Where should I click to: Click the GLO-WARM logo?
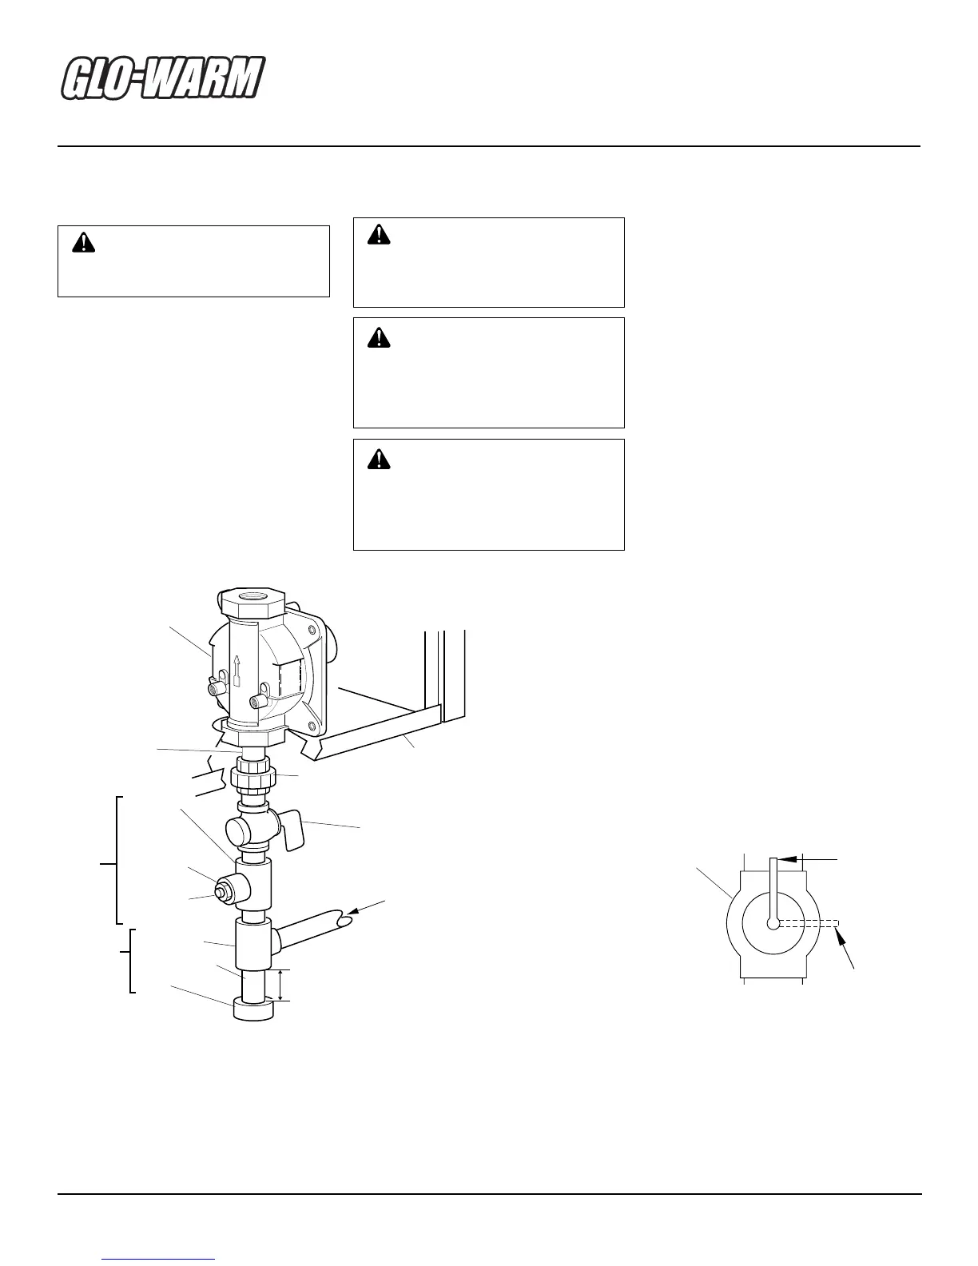click(163, 80)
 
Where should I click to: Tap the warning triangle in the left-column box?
click(83, 243)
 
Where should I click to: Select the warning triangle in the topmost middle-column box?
click(378, 233)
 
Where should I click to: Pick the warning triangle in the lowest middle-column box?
click(378, 458)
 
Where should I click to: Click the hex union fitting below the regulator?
click(253, 776)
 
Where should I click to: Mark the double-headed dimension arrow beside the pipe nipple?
click(280, 985)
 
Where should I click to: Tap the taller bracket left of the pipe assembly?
click(117, 860)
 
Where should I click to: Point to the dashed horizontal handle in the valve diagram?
click(807, 923)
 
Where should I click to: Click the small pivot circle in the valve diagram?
click(773, 923)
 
